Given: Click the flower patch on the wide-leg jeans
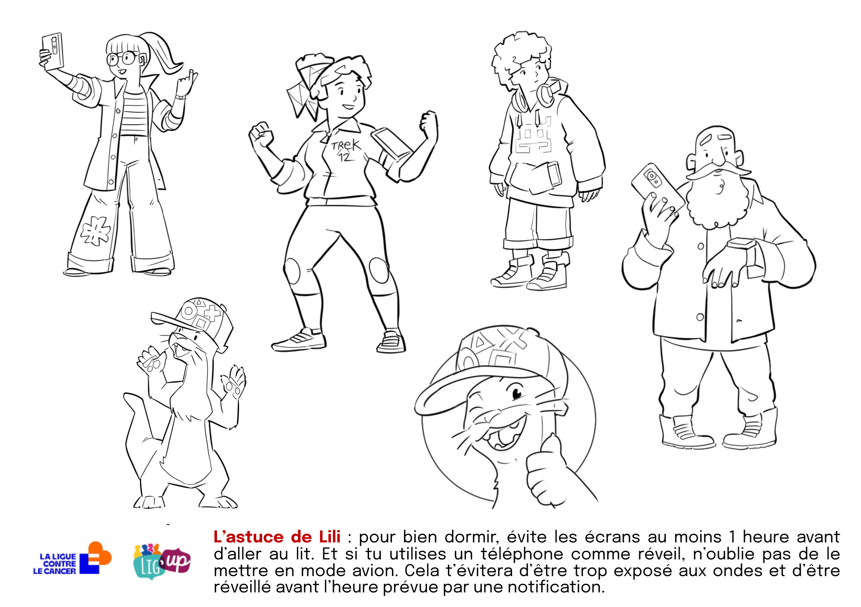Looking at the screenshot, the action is (x=95, y=231).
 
